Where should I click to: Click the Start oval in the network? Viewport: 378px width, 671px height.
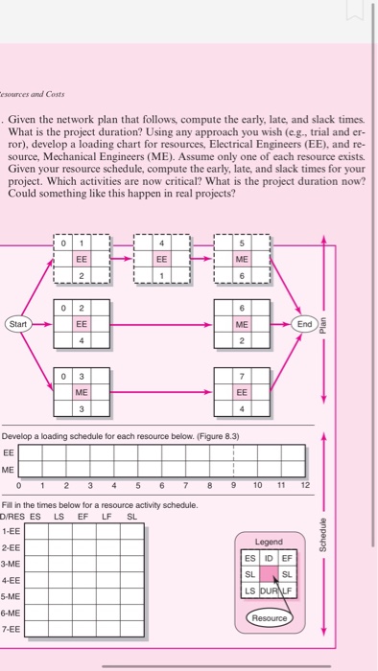pos(18,323)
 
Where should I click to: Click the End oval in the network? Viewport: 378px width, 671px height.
pos(305,323)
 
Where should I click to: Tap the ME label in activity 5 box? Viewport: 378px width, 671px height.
pos(243,259)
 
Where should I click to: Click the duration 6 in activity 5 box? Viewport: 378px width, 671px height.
pos(243,274)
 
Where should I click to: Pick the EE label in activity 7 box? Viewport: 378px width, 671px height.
pos(243,392)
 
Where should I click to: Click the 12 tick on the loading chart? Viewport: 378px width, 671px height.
pos(305,486)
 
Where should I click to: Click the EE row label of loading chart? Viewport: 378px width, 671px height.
pos(9,451)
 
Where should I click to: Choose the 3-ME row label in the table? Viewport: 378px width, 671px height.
pos(13,562)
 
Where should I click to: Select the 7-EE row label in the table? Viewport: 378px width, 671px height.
pos(13,628)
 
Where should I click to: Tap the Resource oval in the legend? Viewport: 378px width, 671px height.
pos(271,617)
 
